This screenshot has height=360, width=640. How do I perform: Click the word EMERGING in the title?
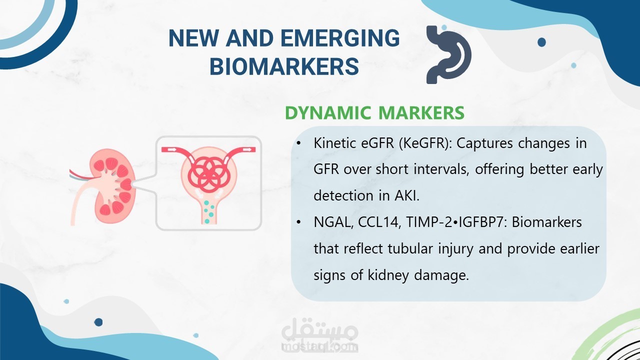[340, 38]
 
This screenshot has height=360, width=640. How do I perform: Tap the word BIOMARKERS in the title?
[284, 66]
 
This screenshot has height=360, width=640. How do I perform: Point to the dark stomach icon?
[449, 54]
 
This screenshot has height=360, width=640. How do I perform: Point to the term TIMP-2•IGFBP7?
[455, 222]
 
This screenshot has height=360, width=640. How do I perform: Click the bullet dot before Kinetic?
[298, 143]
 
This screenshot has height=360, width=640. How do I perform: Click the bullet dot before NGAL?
[298, 222]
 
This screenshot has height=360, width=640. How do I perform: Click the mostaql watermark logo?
[319, 335]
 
